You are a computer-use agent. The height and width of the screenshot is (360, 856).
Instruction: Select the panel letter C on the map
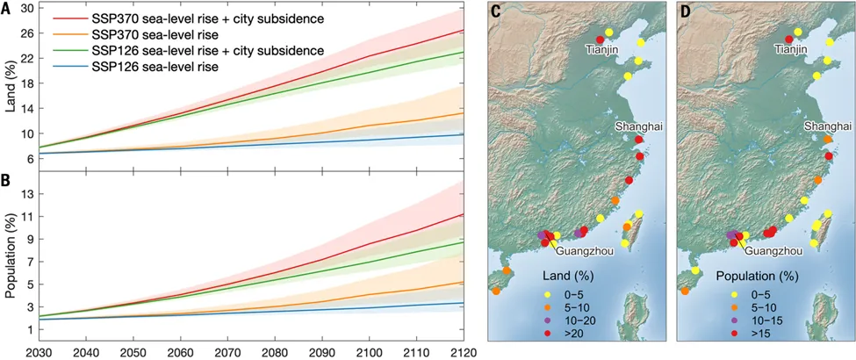(x=496, y=12)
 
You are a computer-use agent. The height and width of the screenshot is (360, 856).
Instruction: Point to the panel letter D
(x=687, y=12)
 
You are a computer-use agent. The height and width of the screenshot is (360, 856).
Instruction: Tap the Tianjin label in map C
(x=605, y=52)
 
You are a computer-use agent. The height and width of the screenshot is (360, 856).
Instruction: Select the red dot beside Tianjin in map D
(x=788, y=40)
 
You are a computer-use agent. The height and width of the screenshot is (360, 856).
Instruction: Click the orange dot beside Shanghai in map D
(x=828, y=140)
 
